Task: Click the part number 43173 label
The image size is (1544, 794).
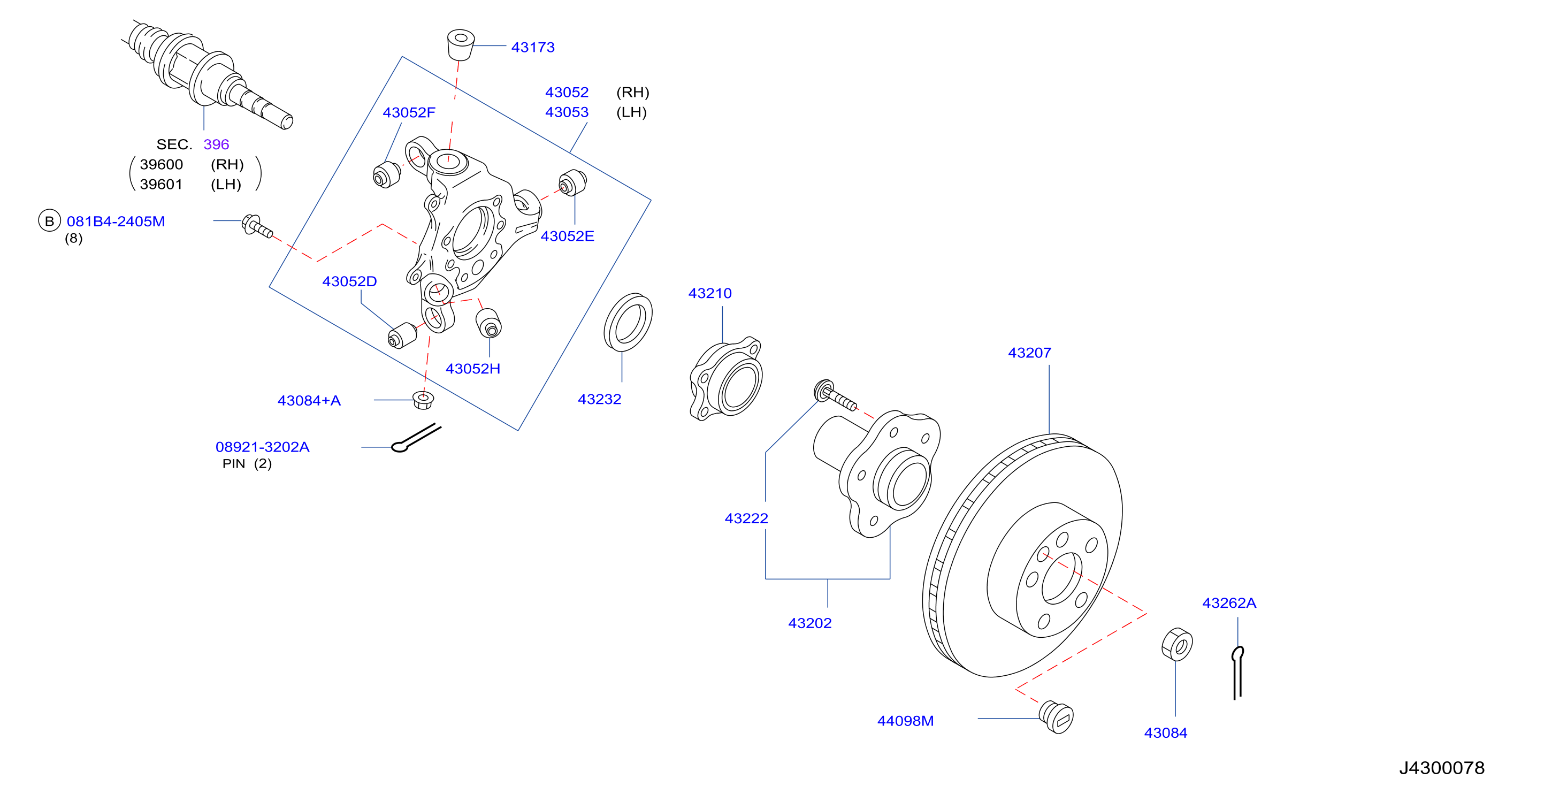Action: pos(533,47)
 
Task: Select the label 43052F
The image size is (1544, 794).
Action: pos(409,113)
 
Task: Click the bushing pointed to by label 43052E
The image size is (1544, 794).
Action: pos(572,183)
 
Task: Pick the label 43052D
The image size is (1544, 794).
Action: pos(349,281)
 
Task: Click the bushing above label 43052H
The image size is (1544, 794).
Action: pos(488,323)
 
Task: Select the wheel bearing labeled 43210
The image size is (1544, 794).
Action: pos(725,378)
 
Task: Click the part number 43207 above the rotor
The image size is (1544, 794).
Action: pos(1029,353)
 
